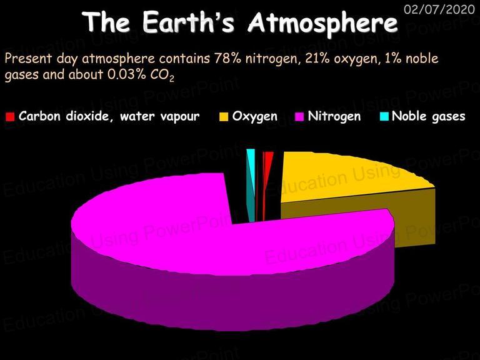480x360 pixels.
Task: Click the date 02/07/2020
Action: coord(439,9)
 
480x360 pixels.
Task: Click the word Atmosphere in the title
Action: coord(322,22)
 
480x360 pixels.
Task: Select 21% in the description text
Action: coord(317,58)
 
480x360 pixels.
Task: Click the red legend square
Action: coord(10,117)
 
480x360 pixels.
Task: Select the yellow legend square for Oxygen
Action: coord(224,117)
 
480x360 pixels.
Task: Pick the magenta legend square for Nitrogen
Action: coord(299,117)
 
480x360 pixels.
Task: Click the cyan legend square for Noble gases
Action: coord(384,117)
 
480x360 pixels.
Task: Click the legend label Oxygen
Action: coord(255,116)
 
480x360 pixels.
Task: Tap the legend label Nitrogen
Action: coord(334,116)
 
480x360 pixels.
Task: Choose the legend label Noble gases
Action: coord(429,116)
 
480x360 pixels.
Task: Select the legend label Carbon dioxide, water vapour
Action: coord(109,116)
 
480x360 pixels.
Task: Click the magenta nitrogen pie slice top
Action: coord(214,232)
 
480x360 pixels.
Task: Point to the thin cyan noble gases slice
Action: coord(251,184)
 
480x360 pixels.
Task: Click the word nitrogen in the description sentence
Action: coord(271,59)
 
